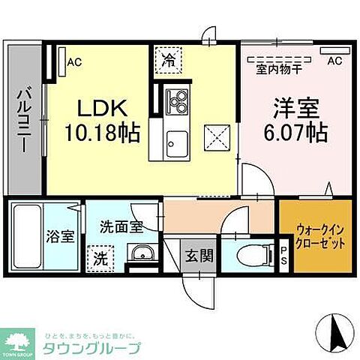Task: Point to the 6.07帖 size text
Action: [x=295, y=135]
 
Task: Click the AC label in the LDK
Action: [x=74, y=62]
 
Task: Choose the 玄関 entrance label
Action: [x=199, y=254]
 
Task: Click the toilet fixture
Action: [x=250, y=254]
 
